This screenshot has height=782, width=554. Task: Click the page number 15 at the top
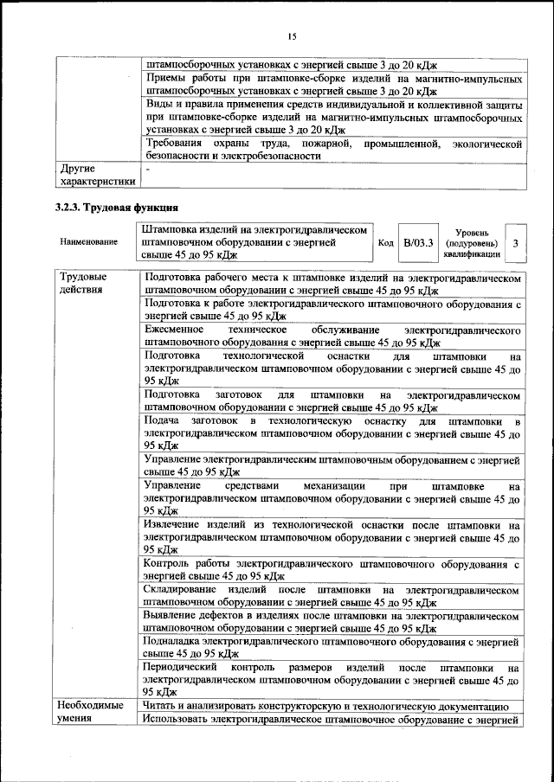click(293, 35)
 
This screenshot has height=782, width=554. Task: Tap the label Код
click(386, 244)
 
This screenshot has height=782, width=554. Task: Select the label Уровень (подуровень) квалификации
click(472, 244)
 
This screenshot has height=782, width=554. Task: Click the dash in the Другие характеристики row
click(148, 169)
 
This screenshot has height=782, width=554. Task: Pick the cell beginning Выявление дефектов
click(332, 621)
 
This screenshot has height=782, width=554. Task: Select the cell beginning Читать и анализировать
click(332, 707)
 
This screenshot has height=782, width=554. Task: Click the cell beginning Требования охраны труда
click(332, 149)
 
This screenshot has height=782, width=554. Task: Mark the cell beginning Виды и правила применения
click(332, 117)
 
